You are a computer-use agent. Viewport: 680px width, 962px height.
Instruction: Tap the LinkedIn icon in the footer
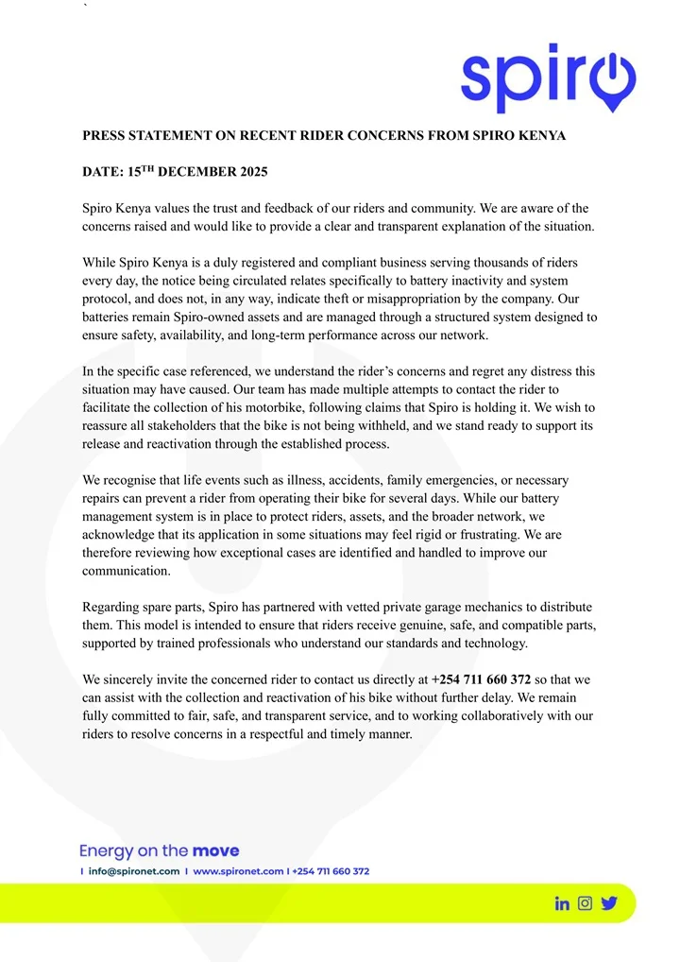click(x=562, y=903)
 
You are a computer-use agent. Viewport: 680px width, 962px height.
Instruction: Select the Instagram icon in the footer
click(x=586, y=903)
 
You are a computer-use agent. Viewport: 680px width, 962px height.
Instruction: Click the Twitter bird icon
click(x=609, y=903)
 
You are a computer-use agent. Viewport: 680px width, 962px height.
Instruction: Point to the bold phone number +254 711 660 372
click(x=481, y=679)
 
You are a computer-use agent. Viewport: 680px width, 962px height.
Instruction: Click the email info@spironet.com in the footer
click(x=134, y=871)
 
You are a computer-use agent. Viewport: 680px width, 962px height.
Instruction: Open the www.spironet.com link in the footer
click(x=238, y=871)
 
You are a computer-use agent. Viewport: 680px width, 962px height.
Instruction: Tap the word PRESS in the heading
click(x=104, y=135)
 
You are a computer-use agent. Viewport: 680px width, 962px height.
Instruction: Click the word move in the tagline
click(x=215, y=850)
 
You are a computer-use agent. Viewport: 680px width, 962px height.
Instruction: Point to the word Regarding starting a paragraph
click(x=114, y=607)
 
